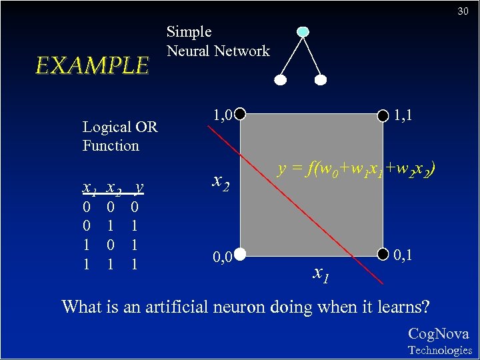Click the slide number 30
click(463, 11)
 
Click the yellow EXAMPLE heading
click(92, 65)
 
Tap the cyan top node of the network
click(303, 31)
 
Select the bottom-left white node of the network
click(281, 80)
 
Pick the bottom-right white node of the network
click(321, 80)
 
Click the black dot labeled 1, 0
click(240, 115)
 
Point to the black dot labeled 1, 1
click(383, 115)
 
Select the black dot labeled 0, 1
click(383, 253)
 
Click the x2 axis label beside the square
click(221, 180)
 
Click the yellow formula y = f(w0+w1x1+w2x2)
click(357, 170)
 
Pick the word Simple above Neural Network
click(189, 31)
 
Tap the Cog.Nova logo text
click(438, 334)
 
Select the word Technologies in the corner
click(439, 350)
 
